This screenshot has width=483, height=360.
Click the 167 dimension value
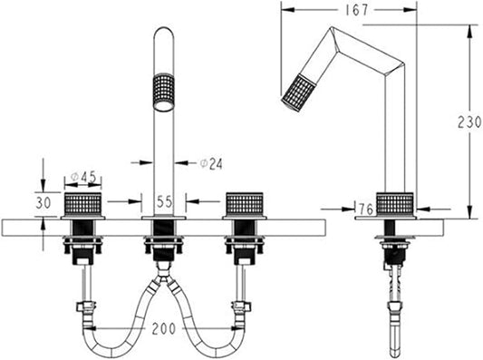tap(356, 10)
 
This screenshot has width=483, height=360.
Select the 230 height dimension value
tap(469, 122)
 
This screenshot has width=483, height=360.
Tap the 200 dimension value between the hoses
tap(164, 328)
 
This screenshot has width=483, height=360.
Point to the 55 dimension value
tap(165, 202)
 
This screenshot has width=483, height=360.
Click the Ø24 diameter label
tap(211, 163)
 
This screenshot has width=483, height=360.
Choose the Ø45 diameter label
tap(83, 177)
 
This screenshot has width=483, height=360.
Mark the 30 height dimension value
tap(43, 203)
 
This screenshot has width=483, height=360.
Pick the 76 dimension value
tap(366, 209)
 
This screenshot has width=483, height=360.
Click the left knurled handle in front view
tap(82, 204)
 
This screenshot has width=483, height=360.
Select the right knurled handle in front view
tap(245, 204)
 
